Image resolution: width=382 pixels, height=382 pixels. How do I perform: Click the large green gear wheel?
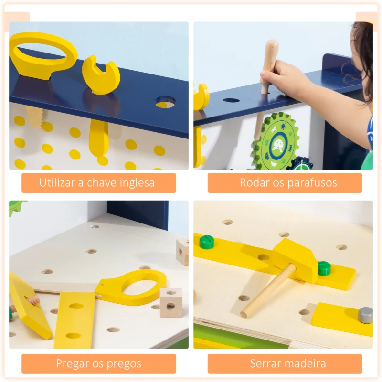point(276,142)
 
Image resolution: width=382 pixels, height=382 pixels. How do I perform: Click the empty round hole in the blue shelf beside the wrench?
point(165,102)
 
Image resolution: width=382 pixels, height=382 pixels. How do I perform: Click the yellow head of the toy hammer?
point(294,258)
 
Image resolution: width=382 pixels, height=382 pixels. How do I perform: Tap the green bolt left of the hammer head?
point(206,242)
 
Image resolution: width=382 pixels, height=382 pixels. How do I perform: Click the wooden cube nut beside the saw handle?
point(170,302)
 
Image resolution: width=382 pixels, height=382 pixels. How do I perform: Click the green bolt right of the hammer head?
point(324,268)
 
